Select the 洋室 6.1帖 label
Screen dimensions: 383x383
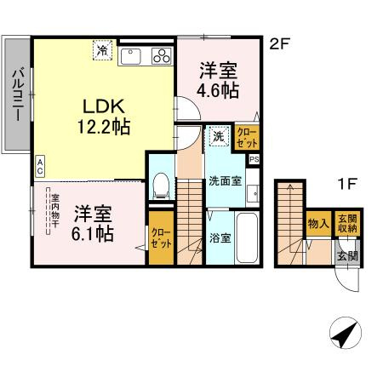click(93, 222)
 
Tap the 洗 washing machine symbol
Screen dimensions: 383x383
click(218, 135)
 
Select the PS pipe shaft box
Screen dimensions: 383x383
click(254, 157)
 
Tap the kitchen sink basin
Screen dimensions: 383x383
click(131, 56)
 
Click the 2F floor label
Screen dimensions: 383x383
click(278, 42)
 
